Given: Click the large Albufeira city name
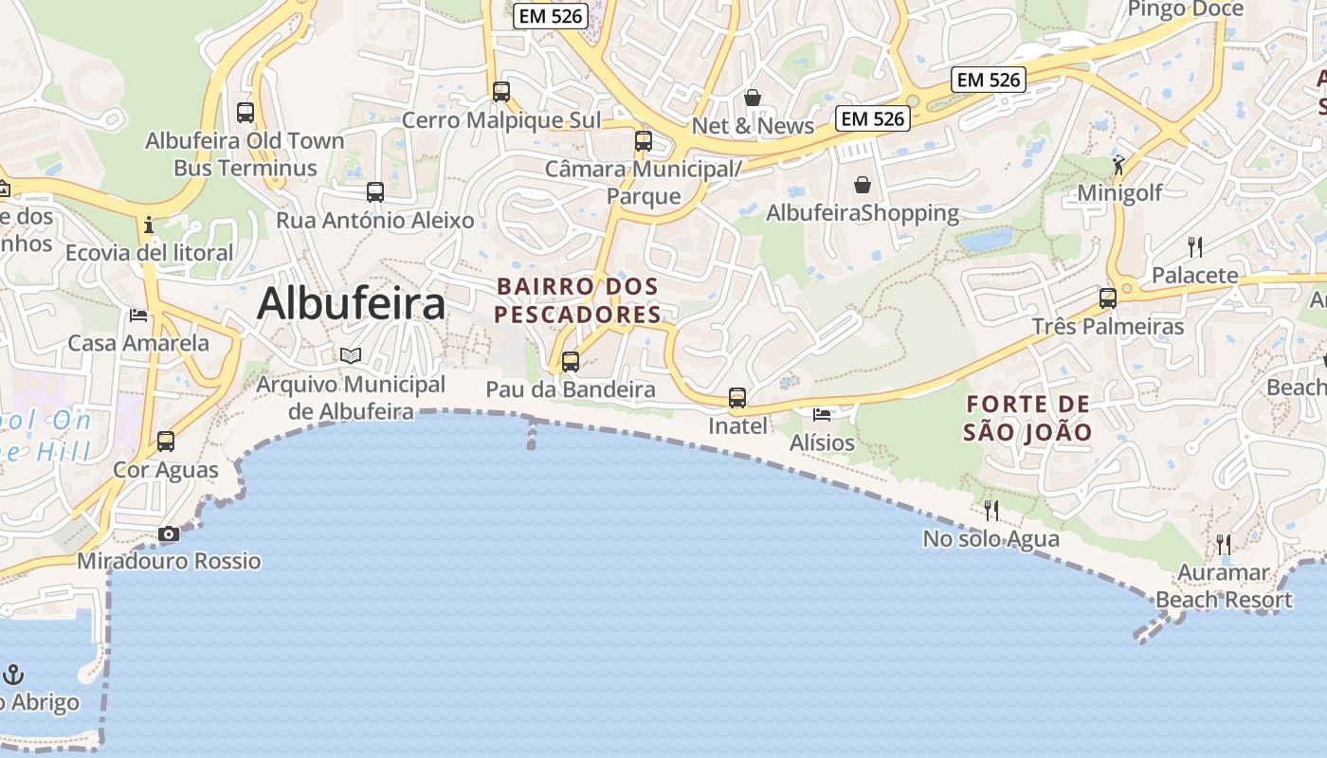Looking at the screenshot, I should (351, 303).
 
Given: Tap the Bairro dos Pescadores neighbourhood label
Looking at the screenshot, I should (577, 299).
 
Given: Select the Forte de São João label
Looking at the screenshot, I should (1027, 418).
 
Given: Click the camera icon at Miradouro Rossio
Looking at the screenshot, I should (169, 534).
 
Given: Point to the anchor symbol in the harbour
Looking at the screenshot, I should (13, 675).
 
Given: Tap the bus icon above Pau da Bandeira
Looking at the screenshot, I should (571, 362).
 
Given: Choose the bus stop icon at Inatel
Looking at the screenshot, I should (737, 398).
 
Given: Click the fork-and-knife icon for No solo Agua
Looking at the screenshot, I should (991, 511).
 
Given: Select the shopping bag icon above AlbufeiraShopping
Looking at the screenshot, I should (863, 185).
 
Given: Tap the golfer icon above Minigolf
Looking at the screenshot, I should (1119, 165).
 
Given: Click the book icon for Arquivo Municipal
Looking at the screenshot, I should (351, 355).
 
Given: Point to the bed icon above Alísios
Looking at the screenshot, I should (822, 415).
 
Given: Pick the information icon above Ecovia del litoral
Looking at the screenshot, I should (149, 226).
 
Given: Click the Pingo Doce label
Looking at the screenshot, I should (1185, 9).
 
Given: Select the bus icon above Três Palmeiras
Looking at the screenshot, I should (1108, 298).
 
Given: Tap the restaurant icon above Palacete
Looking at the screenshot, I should (1195, 247).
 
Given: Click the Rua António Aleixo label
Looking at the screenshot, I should (374, 221).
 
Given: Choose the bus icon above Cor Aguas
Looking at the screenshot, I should (166, 442).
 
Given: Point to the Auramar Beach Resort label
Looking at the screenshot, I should (1224, 587).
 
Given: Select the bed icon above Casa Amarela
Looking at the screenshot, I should (138, 315).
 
